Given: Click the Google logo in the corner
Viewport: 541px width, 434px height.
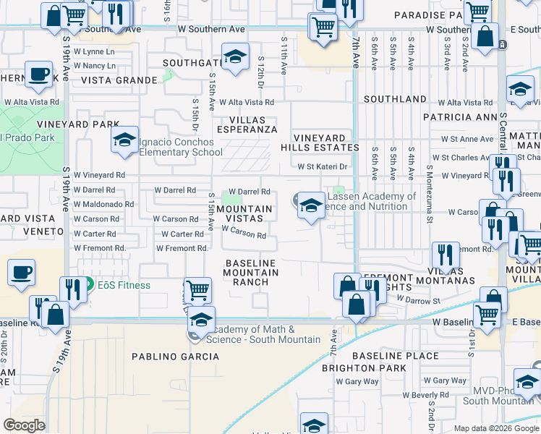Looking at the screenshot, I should point(24,425).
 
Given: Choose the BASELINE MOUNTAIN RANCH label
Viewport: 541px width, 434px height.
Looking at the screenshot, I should point(251,273).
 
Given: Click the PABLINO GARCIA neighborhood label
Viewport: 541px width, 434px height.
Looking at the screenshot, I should point(175,357).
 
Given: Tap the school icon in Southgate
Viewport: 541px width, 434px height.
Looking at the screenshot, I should point(235,59).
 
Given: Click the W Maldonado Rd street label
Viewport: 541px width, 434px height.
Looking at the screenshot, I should point(103,205).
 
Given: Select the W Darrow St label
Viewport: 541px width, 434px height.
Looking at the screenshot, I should point(418,299).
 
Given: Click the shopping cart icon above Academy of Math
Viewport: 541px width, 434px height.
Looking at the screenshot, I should point(197,290).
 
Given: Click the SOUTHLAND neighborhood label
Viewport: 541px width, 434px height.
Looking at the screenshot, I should point(395,99).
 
